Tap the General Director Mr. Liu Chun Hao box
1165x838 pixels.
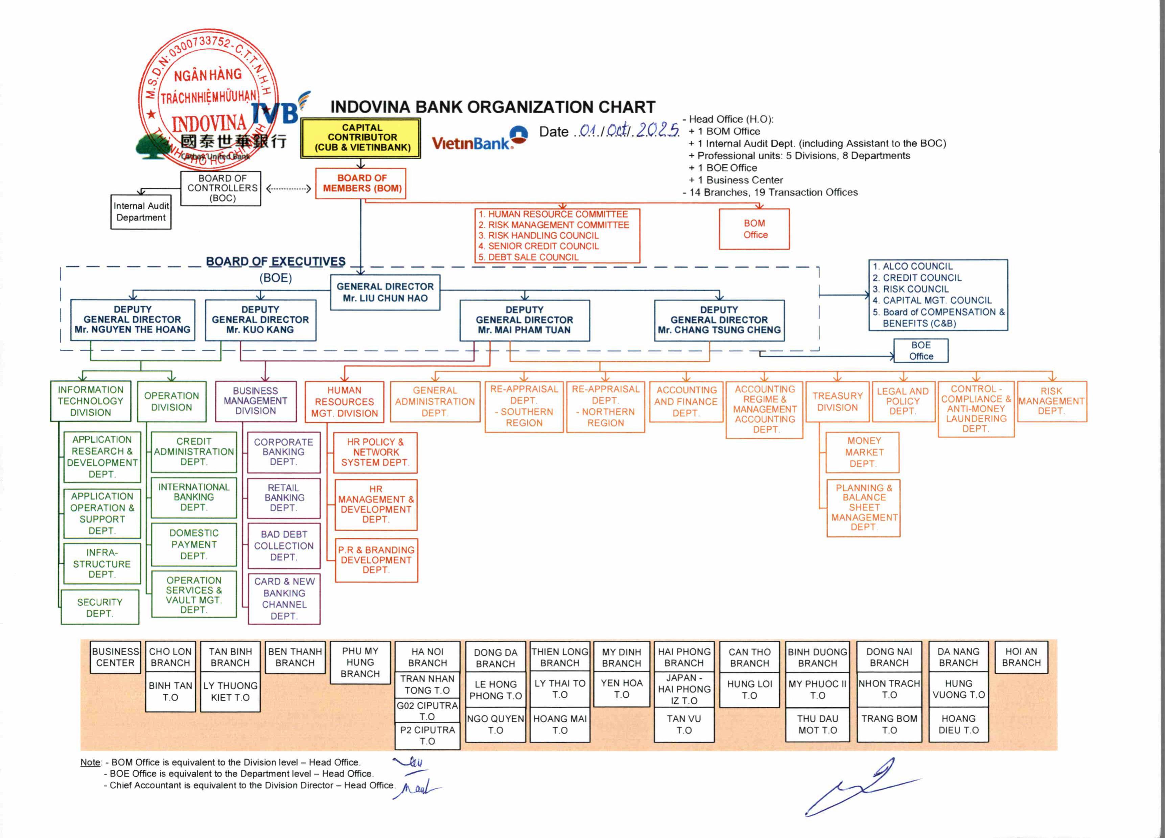(385, 292)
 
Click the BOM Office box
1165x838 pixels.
(754, 229)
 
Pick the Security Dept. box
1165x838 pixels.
(100, 607)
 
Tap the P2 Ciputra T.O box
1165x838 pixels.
(427, 735)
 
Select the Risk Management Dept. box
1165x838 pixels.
(1051, 401)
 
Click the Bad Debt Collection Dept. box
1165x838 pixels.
(283, 546)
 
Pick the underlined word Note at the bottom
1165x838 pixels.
(90, 763)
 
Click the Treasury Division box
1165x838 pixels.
(837, 402)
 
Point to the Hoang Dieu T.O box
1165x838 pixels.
(958, 724)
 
